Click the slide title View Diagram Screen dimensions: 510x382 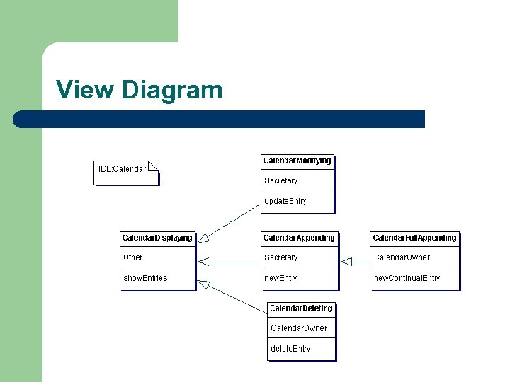click(x=139, y=90)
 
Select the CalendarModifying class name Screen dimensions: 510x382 click(x=297, y=161)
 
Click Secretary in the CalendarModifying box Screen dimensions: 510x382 click(x=281, y=180)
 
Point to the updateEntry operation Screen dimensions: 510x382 click(x=285, y=201)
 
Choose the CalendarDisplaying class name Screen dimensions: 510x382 click(x=157, y=238)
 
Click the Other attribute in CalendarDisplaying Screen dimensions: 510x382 click(x=133, y=257)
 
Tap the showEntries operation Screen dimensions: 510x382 click(x=146, y=278)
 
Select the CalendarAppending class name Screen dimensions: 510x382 click(x=299, y=238)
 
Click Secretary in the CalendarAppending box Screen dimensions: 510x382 click(x=281, y=257)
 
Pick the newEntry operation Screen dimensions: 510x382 click(x=280, y=278)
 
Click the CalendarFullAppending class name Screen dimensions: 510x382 click(x=414, y=238)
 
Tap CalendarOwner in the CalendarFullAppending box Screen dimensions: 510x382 click(x=402, y=257)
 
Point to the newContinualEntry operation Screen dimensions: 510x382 click(x=407, y=278)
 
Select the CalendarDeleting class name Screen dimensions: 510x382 click(x=301, y=308)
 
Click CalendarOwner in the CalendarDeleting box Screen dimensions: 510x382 click(x=299, y=328)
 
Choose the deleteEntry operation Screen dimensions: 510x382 click(x=290, y=349)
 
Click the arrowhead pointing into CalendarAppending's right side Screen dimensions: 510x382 click(x=346, y=262)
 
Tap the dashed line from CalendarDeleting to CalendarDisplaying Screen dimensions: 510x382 click(x=234, y=298)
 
